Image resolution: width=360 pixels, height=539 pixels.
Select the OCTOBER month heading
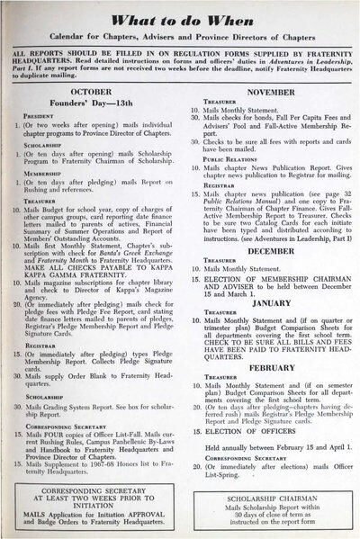[97, 91]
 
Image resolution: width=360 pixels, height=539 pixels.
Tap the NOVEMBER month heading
[260, 91]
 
